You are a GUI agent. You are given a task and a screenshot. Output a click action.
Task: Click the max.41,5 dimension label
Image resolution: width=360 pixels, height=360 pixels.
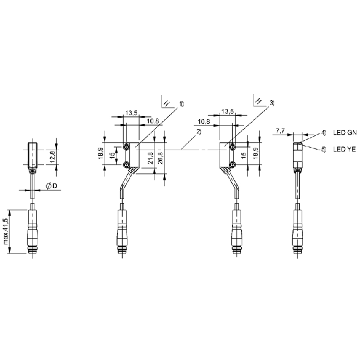(6, 231)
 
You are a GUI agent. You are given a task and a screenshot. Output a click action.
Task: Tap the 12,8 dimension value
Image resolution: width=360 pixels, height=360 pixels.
(52, 157)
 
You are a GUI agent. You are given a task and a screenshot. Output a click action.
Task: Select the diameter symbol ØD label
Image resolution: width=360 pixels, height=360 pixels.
(52, 186)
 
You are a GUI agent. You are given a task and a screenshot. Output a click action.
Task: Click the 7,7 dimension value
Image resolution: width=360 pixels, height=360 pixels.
(280, 131)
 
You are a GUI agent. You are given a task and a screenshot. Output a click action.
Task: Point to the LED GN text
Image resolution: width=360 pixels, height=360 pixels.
(345, 133)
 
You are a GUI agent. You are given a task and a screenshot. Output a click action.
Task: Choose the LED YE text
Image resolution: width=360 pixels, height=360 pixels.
(344, 149)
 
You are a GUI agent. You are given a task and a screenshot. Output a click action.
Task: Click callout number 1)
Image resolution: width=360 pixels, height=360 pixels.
(182, 104)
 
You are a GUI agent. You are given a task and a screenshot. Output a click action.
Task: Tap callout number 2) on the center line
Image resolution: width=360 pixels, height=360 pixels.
(198, 132)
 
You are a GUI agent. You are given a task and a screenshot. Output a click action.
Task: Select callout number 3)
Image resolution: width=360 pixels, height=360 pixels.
(272, 103)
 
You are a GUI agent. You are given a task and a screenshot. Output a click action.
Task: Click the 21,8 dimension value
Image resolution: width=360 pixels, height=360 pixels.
(150, 158)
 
